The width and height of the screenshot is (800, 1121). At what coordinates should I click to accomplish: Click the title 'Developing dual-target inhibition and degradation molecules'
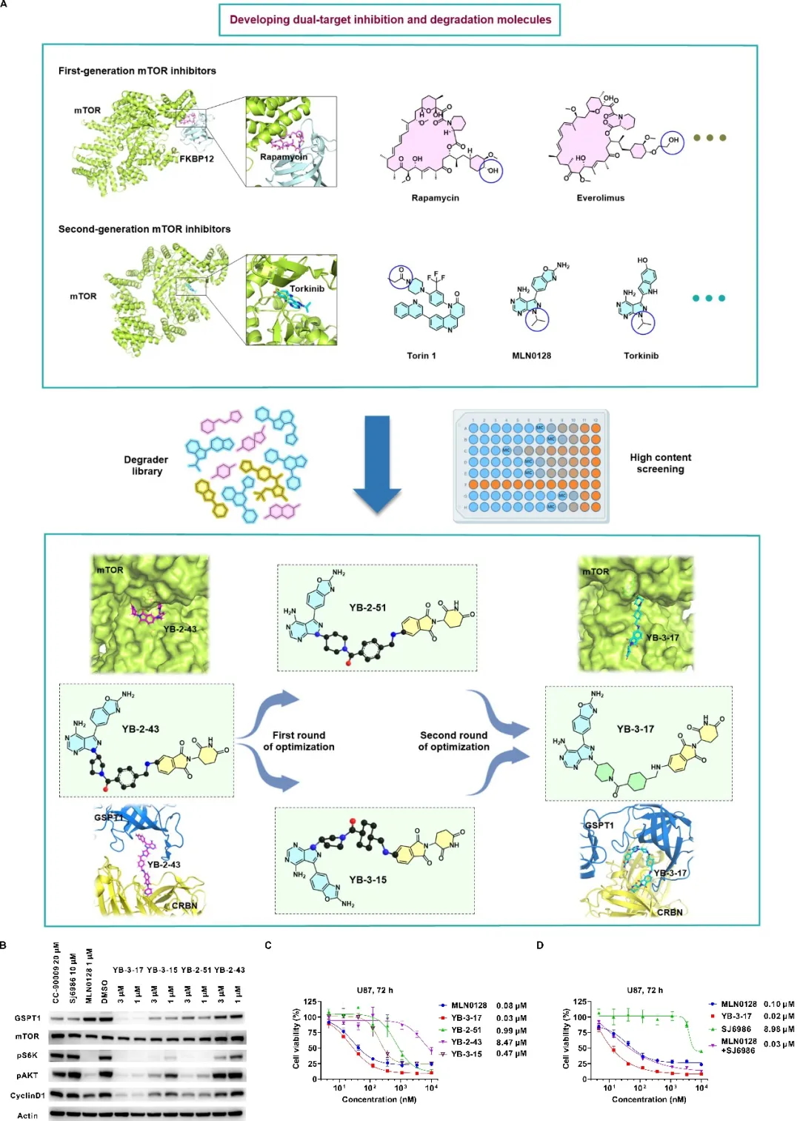390,20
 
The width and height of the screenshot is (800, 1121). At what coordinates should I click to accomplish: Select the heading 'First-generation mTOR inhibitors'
137,71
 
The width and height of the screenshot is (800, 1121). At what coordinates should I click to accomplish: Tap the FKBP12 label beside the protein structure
196,159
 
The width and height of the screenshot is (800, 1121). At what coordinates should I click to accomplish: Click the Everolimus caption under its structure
600,199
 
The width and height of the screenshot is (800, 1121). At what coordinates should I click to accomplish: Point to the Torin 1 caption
421,356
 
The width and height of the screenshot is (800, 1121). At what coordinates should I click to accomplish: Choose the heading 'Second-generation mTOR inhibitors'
144,230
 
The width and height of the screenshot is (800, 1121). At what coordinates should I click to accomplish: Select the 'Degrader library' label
146,465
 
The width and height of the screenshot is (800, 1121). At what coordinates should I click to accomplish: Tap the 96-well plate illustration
531,466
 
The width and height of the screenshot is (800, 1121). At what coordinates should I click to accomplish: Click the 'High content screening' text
660,463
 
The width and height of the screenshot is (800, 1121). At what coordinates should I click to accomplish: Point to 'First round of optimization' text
299,741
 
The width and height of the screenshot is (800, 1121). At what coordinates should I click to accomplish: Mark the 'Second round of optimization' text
453,741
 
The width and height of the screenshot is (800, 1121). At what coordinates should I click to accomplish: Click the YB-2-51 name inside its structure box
367,608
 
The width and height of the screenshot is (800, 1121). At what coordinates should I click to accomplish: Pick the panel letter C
268,945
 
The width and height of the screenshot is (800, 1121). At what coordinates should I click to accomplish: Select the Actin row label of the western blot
27,1115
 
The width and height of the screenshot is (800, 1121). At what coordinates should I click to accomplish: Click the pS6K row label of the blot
27,1055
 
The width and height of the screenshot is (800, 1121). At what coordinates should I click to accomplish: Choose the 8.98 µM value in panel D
779,1029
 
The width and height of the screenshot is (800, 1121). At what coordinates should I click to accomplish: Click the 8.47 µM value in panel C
511,1042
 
